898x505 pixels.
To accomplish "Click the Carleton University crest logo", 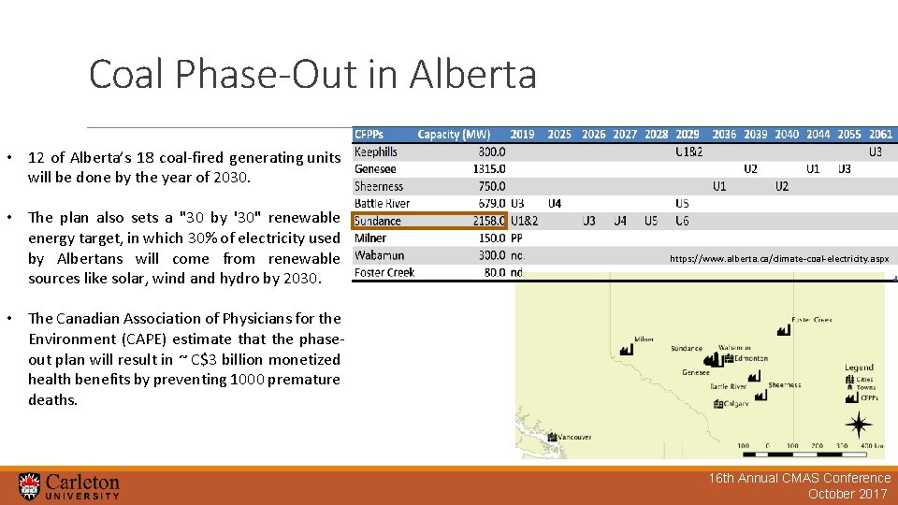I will [30, 485].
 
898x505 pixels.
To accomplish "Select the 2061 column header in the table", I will [880, 135].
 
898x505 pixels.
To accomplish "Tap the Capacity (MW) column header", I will [454, 135].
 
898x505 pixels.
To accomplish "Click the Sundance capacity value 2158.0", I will [487, 221].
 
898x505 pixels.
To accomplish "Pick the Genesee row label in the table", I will [375, 169].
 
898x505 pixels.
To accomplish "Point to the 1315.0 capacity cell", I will [489, 169].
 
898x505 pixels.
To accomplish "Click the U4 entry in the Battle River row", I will [555, 203].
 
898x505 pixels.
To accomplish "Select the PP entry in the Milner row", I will [517, 238].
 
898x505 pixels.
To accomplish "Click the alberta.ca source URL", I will [779, 258].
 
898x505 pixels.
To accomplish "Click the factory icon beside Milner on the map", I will [626, 349].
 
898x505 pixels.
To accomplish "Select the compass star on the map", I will [858, 426].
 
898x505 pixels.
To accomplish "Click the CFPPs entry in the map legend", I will [868, 397].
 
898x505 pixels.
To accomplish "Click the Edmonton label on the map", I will [750, 358].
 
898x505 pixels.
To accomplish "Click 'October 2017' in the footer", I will [847, 494].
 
